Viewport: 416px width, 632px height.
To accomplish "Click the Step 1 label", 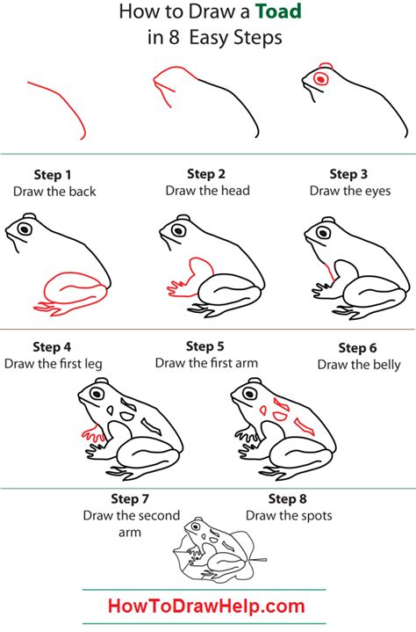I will tap(54, 174).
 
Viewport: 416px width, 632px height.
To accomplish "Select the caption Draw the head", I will tap(207, 190).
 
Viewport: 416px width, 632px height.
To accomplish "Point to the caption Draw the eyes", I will tap(349, 190).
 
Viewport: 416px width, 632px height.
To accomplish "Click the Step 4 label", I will tap(53, 346).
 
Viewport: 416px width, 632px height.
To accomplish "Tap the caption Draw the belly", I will tap(359, 364).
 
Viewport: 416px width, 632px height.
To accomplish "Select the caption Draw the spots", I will tap(289, 515).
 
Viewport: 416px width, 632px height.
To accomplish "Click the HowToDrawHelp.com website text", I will tap(207, 606).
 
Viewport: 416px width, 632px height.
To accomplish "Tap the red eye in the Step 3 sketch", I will tap(321, 79).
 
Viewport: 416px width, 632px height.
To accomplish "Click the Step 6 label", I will tap(358, 348).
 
